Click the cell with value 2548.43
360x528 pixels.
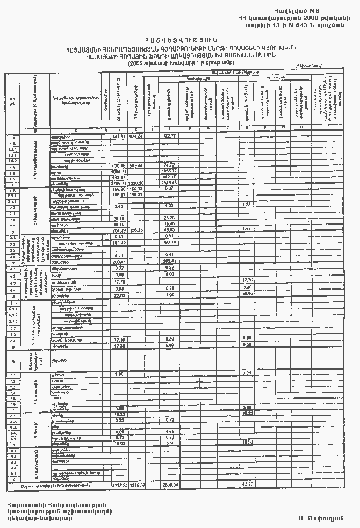coord(170,183)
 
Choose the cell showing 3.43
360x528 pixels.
coord(119,206)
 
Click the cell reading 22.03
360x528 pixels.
coord(119,295)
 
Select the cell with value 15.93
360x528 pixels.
coord(119,444)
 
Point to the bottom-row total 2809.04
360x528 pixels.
coord(170,485)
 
